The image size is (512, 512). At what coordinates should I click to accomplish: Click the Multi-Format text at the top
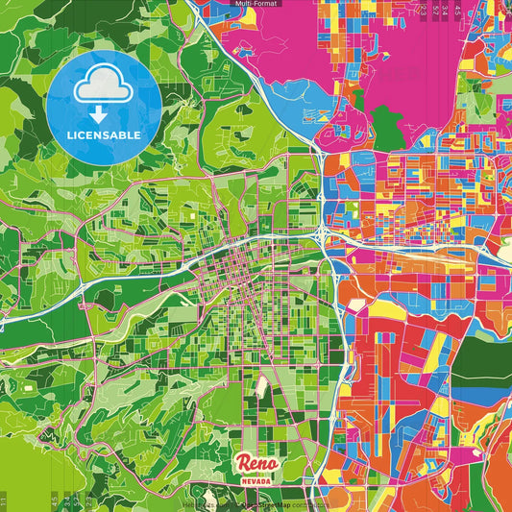[x=256, y=5]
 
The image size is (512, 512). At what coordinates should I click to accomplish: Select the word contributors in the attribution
[x=307, y=503]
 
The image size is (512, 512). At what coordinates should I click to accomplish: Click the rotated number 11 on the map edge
[x=4, y=499]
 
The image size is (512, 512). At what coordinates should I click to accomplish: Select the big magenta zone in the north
[x=279, y=67]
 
